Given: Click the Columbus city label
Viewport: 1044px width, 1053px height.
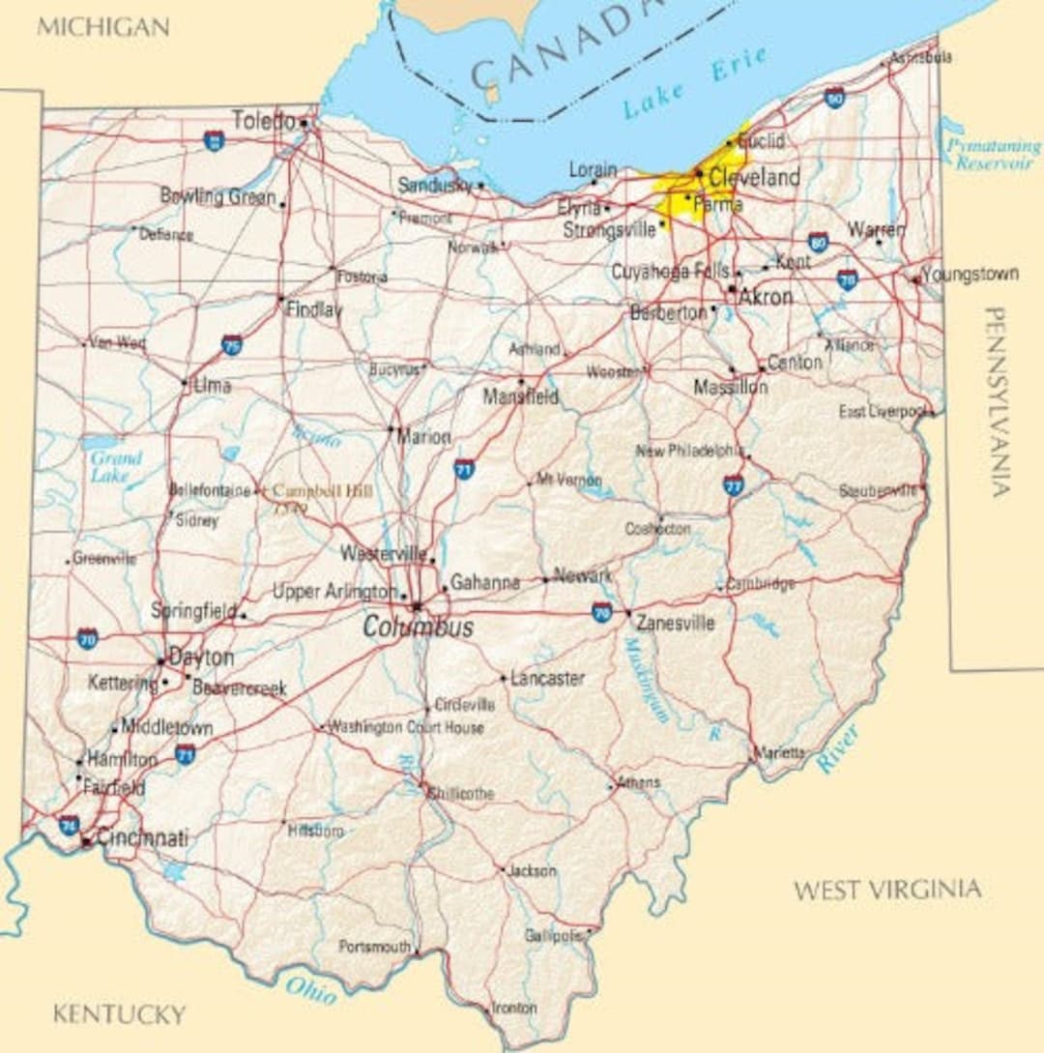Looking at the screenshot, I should (x=418, y=628).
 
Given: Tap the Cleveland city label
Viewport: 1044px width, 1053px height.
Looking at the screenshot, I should (x=754, y=178).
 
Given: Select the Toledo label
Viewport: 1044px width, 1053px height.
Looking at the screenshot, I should (x=263, y=121).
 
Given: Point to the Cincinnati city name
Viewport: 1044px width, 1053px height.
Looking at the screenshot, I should (x=142, y=838).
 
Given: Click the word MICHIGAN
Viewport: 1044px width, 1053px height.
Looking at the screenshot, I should (x=102, y=26).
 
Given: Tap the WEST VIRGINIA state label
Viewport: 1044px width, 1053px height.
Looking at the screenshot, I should (x=886, y=890).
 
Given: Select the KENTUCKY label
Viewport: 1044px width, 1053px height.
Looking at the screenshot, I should (x=118, y=1014).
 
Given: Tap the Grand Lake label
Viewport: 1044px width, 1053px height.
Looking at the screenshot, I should (x=116, y=467).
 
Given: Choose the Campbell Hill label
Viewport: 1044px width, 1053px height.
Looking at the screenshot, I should (x=322, y=491).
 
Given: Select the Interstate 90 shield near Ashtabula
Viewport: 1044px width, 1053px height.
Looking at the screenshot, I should (x=834, y=97).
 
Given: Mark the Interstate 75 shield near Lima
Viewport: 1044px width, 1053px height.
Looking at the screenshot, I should (x=231, y=344).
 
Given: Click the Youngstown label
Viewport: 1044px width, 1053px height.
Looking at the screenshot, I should (x=970, y=275).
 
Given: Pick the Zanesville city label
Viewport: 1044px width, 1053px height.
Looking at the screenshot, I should (x=675, y=623).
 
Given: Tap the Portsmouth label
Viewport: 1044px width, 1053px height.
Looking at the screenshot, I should (x=374, y=948).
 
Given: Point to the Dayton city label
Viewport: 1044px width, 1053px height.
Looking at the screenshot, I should (x=201, y=658).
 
